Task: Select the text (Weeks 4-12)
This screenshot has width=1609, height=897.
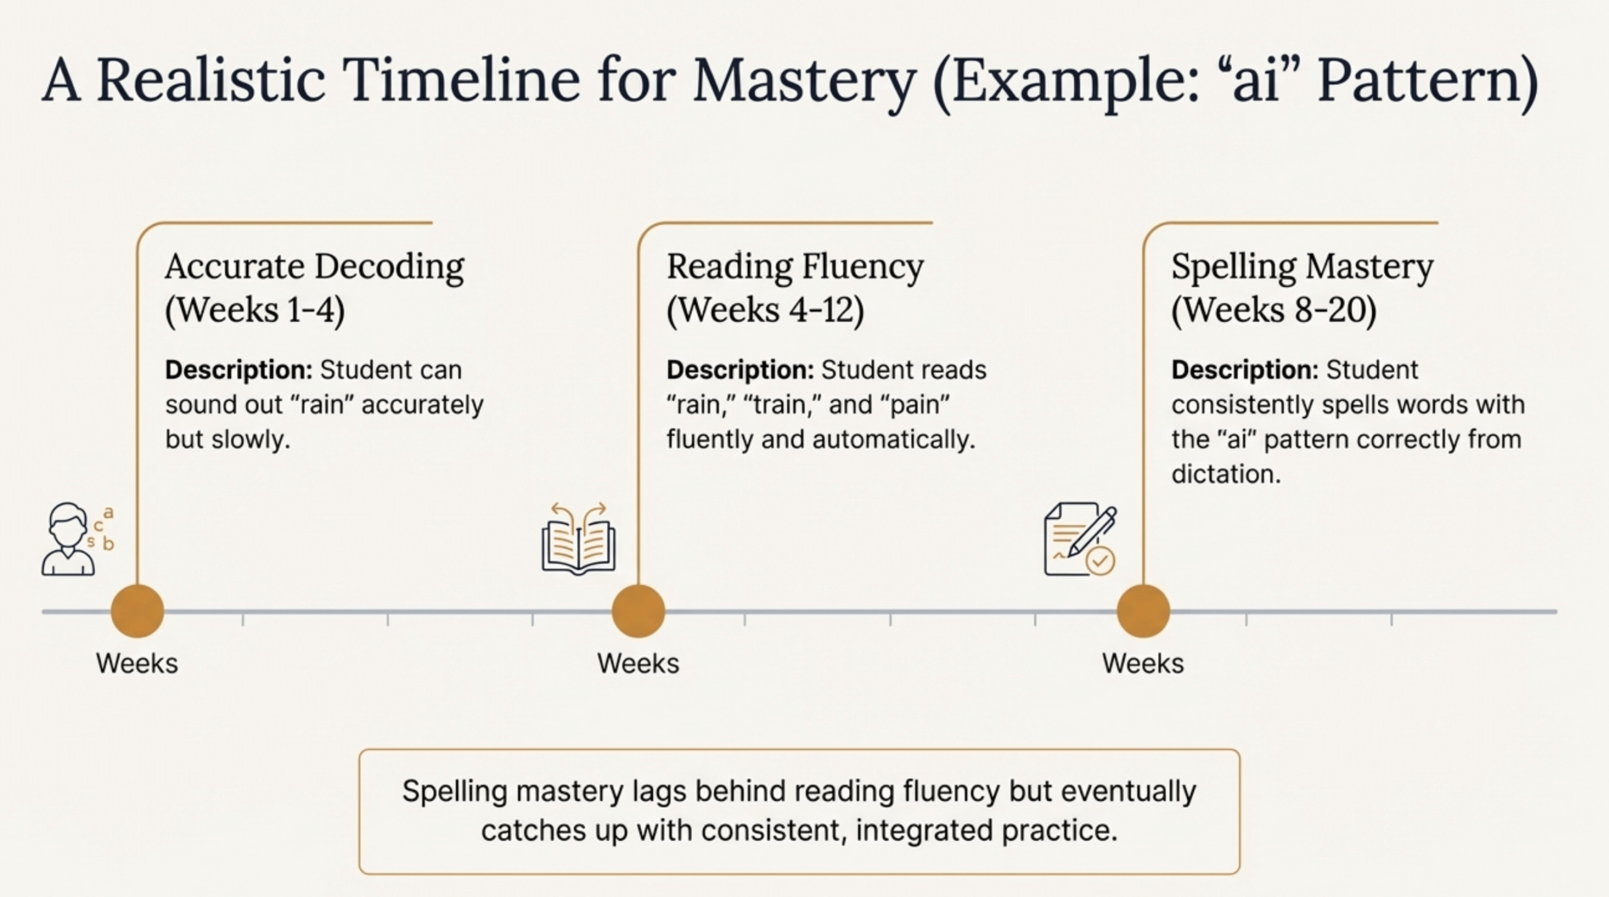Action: [x=766, y=310]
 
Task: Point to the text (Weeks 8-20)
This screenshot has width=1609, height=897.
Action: [x=1274, y=310]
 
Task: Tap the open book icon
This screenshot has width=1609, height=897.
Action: [x=578, y=538]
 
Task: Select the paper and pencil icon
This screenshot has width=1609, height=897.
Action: [x=1080, y=539]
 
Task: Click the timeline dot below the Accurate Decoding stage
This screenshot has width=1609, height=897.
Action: [x=138, y=611]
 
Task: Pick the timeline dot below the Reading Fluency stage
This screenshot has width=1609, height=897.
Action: [x=639, y=611]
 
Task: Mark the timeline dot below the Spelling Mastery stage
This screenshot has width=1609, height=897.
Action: [x=1143, y=611]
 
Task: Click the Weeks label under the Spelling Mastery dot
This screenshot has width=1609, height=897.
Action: [x=1143, y=664]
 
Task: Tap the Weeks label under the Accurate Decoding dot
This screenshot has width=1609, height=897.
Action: [x=137, y=664]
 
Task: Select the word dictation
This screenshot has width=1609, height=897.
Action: [x=1226, y=474]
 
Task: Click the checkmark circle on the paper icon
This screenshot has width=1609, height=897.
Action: [x=1101, y=560]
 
